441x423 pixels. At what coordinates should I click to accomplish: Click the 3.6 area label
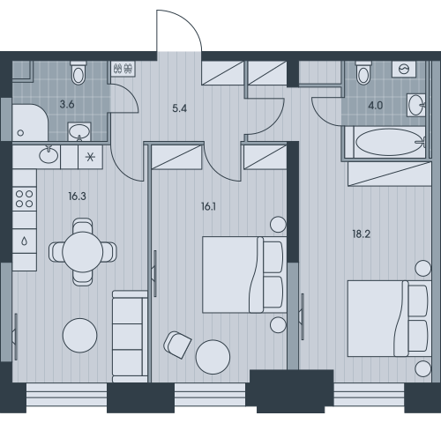[x=67, y=104]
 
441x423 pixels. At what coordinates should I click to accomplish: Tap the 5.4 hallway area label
[x=180, y=108]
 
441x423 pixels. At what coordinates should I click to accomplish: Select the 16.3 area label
[x=77, y=196]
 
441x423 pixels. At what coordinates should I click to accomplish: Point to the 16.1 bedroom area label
[x=208, y=207]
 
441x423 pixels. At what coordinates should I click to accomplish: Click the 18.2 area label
[x=362, y=234]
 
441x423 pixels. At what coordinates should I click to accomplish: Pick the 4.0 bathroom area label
[x=376, y=106]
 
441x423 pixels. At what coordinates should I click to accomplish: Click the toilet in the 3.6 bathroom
[x=78, y=72]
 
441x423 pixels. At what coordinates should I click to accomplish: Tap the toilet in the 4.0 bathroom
[x=363, y=72]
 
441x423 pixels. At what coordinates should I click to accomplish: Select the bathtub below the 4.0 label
[x=390, y=143]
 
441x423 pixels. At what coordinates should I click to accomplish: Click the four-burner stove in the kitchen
[x=25, y=199]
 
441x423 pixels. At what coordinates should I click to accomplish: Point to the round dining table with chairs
[x=83, y=252]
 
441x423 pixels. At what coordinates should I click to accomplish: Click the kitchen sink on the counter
[x=49, y=155]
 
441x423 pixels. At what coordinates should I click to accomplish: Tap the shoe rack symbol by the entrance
[x=123, y=69]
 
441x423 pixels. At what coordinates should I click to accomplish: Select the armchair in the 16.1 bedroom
[x=177, y=345]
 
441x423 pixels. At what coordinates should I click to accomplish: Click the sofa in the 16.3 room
[x=130, y=337]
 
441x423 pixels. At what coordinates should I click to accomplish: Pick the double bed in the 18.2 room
[x=389, y=319]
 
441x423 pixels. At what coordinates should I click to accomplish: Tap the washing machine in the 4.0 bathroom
[x=404, y=70]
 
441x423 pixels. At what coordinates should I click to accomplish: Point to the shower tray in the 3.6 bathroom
[x=30, y=122]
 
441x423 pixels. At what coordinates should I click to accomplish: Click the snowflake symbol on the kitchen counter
[x=90, y=157]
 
